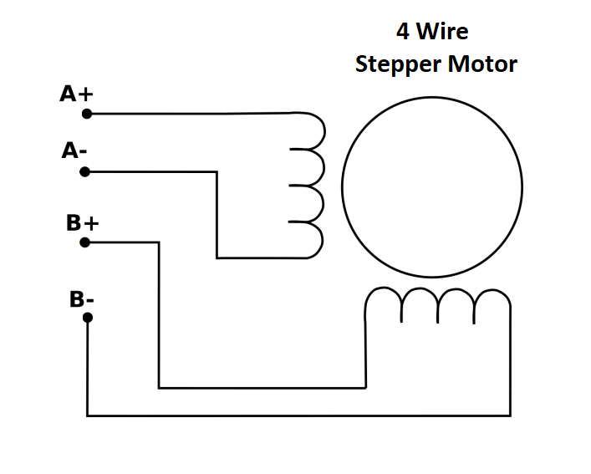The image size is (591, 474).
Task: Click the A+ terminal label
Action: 76,94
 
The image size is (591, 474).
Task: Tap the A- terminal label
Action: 74,150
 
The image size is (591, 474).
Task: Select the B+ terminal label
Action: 82,222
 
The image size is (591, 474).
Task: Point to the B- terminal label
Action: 81,299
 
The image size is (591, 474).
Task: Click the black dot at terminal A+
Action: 87,114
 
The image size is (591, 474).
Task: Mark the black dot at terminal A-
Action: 84,172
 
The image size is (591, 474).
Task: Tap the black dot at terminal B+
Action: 84,242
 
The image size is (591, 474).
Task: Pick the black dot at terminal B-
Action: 88,318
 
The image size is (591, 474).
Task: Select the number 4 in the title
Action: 403,31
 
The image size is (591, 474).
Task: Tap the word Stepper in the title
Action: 399,64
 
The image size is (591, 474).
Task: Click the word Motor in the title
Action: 483,64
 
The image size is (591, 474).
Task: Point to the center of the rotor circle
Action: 432,187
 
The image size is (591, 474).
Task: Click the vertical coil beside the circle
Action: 324,186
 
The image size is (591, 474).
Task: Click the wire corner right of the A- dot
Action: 217,172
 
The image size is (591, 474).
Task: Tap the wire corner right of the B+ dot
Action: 159,242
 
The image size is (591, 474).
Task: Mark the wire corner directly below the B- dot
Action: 88,415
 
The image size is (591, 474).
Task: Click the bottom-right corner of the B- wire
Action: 511,415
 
